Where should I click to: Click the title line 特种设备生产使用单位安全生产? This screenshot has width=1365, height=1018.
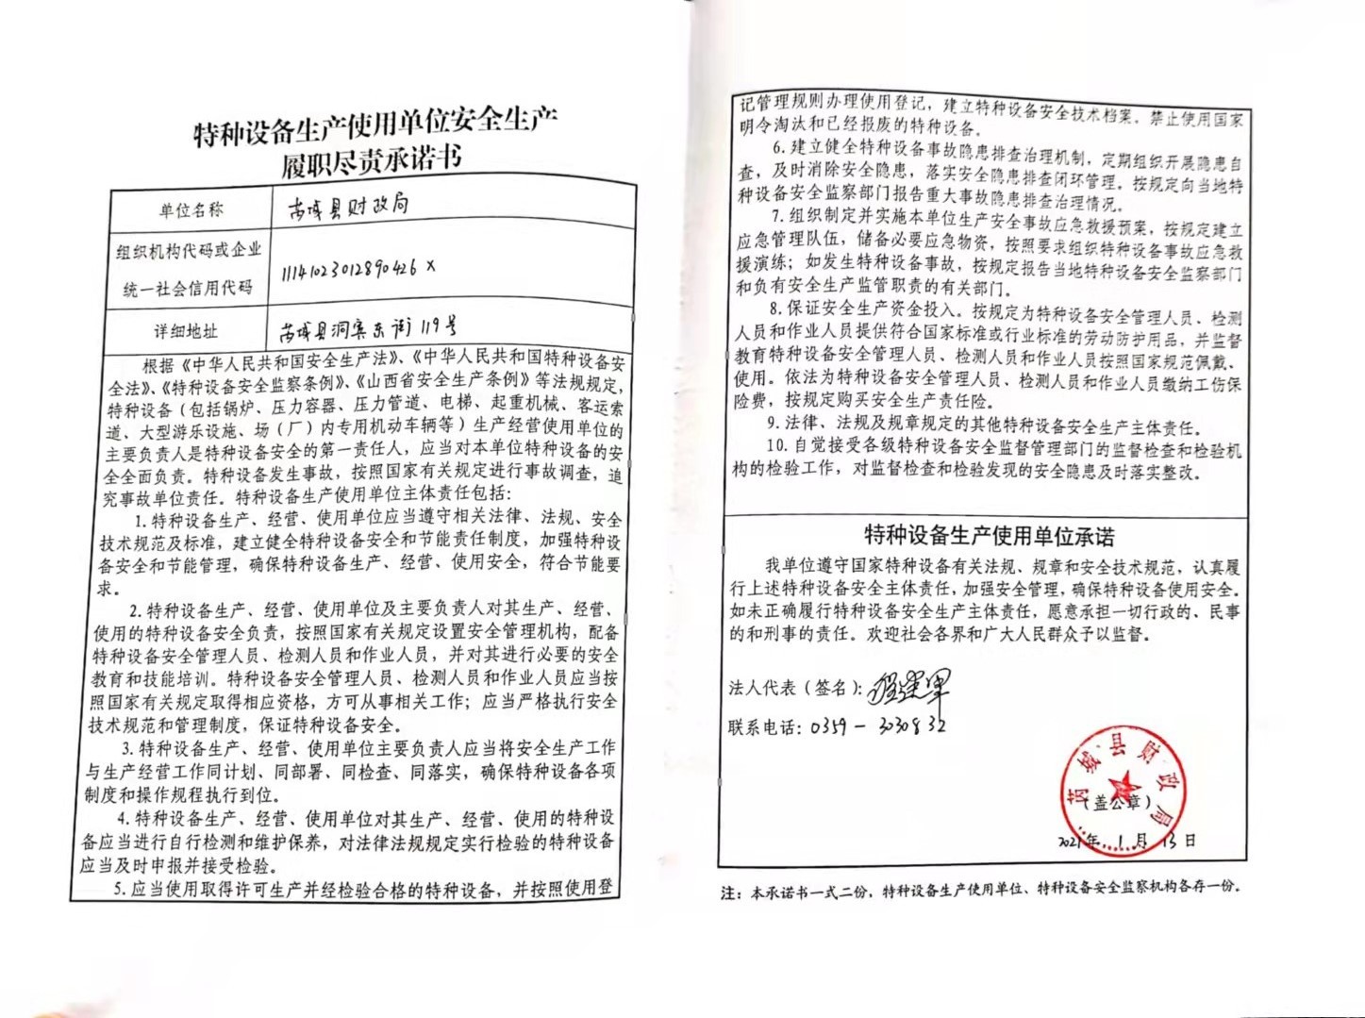(x=375, y=126)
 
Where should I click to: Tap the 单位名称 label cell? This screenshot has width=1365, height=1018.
(x=191, y=210)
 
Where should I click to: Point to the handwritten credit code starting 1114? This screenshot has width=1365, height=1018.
(x=358, y=270)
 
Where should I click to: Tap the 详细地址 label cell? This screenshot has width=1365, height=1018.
(x=186, y=331)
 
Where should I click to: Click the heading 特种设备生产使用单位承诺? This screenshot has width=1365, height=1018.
(x=989, y=536)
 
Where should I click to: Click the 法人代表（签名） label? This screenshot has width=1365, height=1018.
(x=794, y=688)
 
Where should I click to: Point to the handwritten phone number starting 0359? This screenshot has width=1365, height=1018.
(x=877, y=726)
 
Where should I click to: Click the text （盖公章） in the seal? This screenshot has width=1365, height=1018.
(x=1118, y=805)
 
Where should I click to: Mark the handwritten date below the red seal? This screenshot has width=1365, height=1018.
(x=1126, y=841)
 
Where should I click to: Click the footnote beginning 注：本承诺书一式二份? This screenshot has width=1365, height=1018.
(x=981, y=889)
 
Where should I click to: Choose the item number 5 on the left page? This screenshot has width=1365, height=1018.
(x=120, y=890)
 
